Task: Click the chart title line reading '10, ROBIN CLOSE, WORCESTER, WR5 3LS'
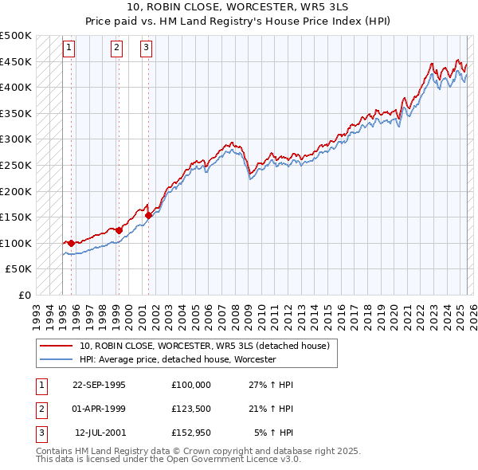coord(239,7)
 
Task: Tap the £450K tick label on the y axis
coord(16,61)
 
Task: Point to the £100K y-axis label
coord(16,243)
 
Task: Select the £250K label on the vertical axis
coord(16,165)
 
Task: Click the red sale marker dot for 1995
coord(72,243)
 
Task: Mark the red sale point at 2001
coord(148,215)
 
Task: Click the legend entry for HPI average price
coord(177,359)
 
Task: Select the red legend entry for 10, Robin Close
coord(210,346)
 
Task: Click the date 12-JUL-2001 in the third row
coord(100,433)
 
